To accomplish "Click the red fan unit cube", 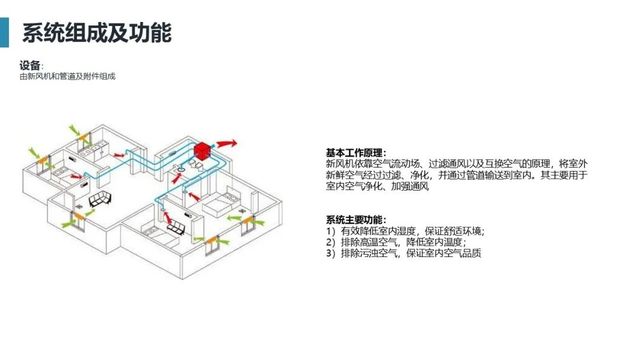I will coord(204,150).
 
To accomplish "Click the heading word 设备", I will coord(30,65).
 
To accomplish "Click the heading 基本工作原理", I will coord(355,153).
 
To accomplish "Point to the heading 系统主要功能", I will coord(355,220).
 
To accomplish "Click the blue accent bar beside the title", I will coord(4,32).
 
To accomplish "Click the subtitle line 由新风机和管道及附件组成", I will coord(67,76).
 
